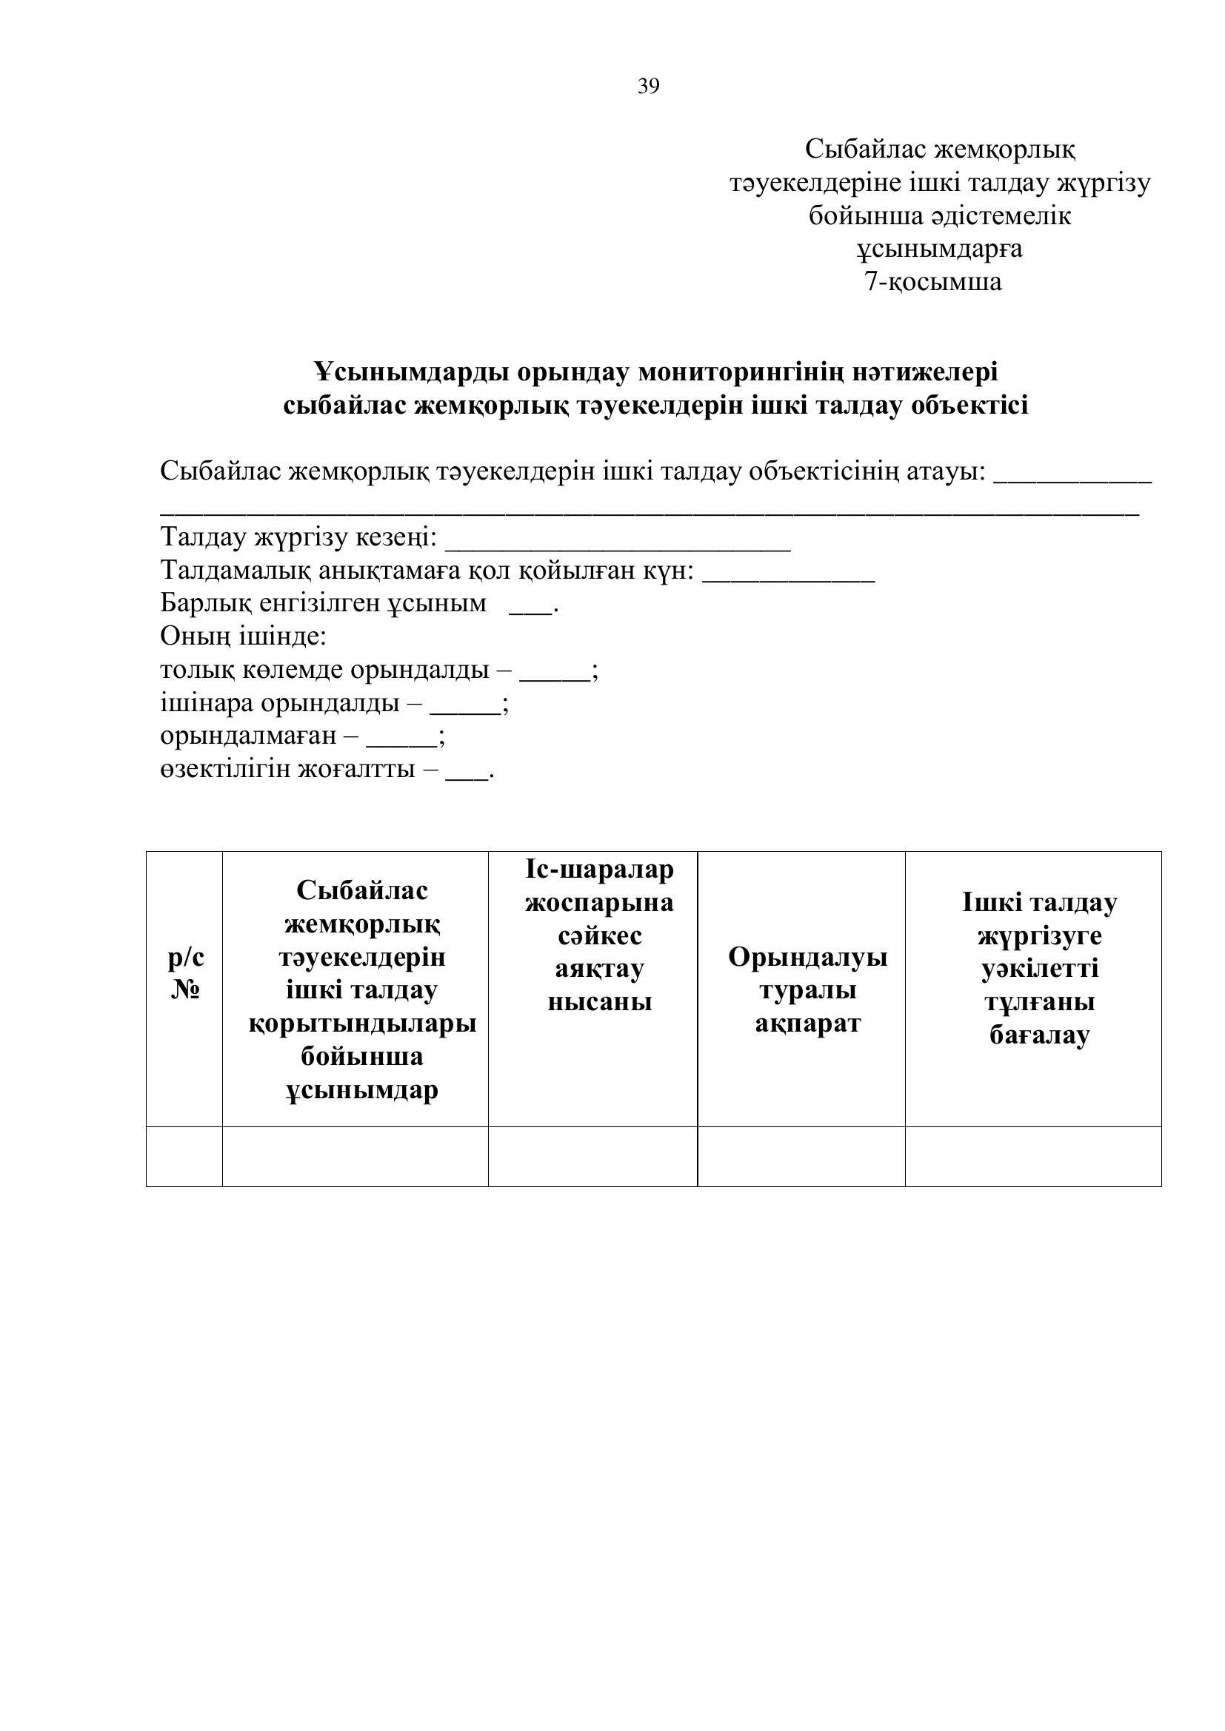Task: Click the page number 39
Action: coord(648,87)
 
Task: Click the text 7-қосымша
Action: coord(933,282)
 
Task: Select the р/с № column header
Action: coord(185,972)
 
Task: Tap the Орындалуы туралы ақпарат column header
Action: coord(807,989)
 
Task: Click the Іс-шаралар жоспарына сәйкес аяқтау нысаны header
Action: coord(599,935)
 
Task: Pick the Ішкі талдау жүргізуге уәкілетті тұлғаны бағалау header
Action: coord(1038,968)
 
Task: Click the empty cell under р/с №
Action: coord(185,1156)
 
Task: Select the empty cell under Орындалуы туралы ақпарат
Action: coord(801,1156)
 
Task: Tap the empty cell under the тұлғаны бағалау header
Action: coord(1032,1156)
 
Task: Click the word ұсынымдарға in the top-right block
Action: coord(939,249)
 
